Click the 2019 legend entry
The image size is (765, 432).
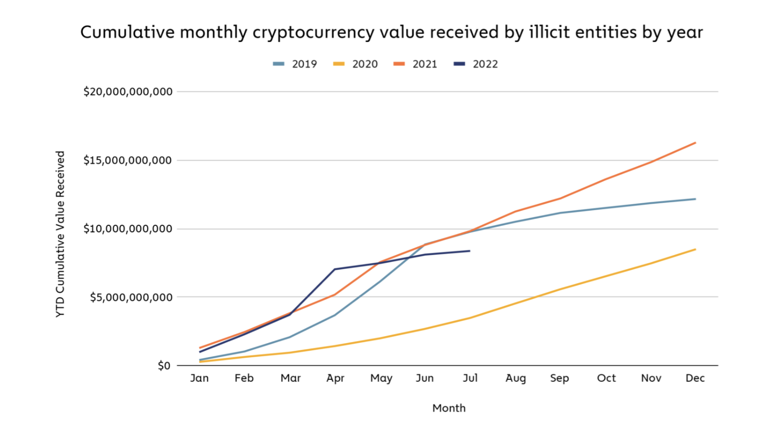(295, 64)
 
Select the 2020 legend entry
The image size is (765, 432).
(356, 64)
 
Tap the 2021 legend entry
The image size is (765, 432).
(416, 64)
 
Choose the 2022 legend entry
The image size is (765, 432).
(477, 64)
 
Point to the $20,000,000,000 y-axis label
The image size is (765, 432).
(128, 92)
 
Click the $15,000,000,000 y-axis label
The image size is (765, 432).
(128, 160)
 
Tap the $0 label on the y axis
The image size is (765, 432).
(164, 366)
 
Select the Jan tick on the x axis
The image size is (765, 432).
(199, 378)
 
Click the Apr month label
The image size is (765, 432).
(335, 378)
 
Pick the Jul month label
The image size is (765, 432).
(470, 378)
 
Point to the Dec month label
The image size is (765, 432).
(695, 378)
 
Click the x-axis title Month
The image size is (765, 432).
(449, 408)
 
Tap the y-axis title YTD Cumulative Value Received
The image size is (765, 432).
(60, 234)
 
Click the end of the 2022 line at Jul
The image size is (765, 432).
(470, 251)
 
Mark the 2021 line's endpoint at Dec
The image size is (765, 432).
(695, 143)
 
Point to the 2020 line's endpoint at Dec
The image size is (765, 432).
(695, 249)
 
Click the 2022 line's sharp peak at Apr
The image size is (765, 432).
(335, 269)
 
